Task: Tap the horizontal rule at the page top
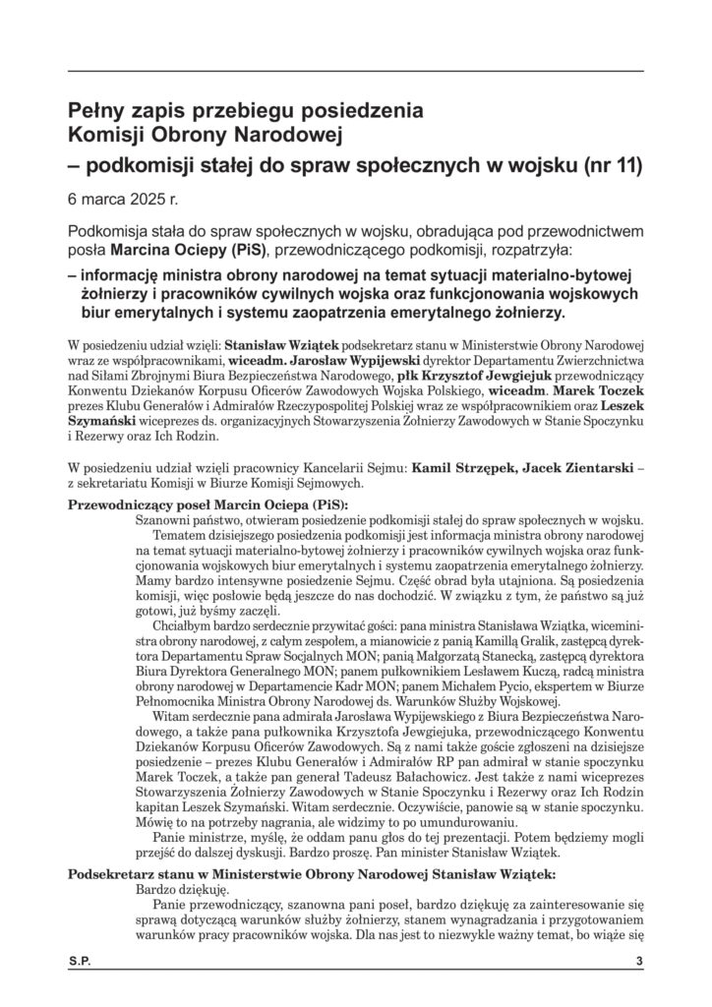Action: click(x=356, y=71)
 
